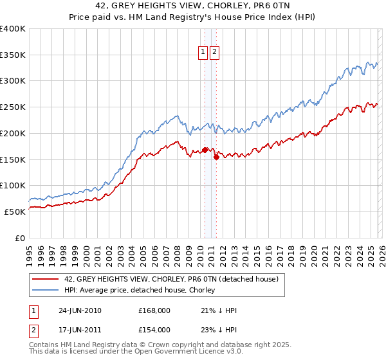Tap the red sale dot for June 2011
coord(216,157)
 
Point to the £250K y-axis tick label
coord(13,107)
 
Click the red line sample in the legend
coord(46,279)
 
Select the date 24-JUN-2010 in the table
coord(78,310)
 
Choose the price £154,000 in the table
coord(154,329)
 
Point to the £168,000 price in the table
coord(154,310)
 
